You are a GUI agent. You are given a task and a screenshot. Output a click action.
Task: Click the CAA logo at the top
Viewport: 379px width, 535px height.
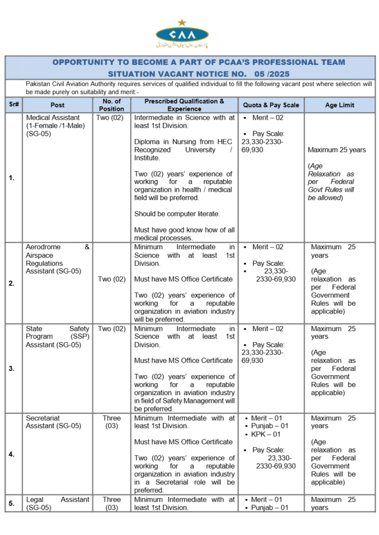coord(182,35)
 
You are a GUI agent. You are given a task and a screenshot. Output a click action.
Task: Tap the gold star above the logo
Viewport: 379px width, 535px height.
coord(182,22)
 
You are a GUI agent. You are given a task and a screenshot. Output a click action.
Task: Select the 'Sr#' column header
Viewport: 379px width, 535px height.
coord(13,104)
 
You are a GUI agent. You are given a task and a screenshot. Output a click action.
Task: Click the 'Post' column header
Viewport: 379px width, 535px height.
coord(58,105)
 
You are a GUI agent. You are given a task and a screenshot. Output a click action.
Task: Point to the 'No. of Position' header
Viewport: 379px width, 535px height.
coord(112,105)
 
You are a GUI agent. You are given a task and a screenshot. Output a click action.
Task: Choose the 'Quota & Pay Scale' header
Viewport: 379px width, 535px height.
coord(271,105)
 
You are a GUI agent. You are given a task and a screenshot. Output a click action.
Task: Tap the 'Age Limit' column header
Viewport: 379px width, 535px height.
coord(339,105)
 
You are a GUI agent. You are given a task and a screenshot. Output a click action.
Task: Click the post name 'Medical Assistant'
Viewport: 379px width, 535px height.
coord(53,118)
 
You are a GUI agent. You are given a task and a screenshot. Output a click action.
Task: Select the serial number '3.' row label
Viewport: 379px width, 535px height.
coord(12,368)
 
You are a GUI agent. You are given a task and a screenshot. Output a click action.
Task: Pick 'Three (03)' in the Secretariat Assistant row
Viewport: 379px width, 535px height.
coord(112,422)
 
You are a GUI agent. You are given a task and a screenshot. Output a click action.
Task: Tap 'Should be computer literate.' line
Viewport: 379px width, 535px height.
coord(177,214)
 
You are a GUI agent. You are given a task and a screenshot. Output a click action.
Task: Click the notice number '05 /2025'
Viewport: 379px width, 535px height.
coord(271,74)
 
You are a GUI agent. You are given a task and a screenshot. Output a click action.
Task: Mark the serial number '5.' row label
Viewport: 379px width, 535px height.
coord(12,504)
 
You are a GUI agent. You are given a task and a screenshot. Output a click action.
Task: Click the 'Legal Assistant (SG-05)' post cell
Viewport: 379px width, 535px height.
coord(58,504)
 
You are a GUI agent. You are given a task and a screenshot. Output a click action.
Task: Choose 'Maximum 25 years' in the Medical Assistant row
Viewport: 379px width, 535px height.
coord(337,150)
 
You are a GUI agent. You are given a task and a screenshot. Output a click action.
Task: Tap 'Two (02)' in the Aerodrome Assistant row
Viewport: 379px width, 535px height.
coord(112,279)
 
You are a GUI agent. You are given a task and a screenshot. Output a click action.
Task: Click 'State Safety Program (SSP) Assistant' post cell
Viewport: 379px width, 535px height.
coord(58,336)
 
